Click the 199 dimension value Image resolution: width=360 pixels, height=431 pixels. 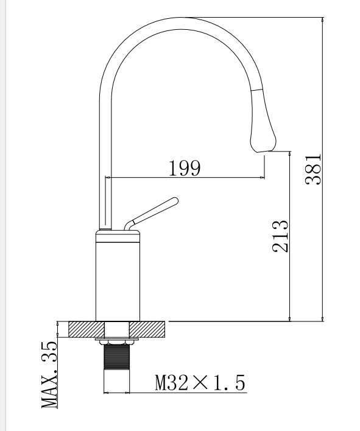(185, 168)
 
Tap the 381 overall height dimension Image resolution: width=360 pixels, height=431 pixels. (313, 169)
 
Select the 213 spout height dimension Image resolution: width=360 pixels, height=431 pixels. (281, 236)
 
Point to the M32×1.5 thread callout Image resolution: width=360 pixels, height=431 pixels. (200, 383)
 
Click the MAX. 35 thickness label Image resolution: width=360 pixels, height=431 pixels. (49, 374)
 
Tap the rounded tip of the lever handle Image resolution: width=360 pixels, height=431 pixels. (175, 201)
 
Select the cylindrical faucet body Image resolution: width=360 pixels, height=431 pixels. (118, 275)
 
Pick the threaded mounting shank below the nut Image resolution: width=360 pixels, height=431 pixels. (116, 357)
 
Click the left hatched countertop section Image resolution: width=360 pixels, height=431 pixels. (86, 329)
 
